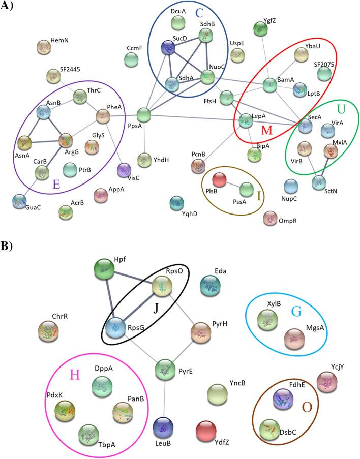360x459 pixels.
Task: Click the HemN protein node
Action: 44,48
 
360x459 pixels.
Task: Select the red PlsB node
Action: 219,179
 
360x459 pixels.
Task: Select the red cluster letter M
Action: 266,131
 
